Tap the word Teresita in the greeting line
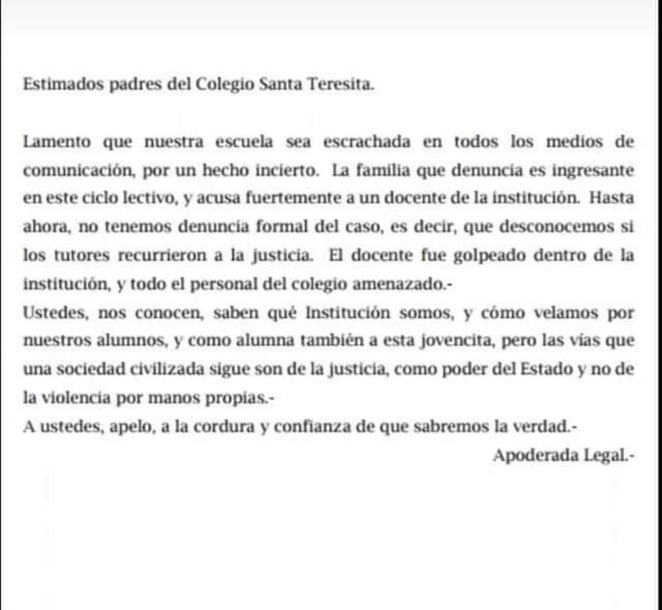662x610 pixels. pyautogui.click(x=343, y=85)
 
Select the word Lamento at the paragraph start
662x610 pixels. pyautogui.click(x=57, y=142)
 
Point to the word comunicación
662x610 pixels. pyautogui.click(x=78, y=171)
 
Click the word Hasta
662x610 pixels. pyautogui.click(x=611, y=199)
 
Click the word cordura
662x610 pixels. pyautogui.click(x=223, y=427)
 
